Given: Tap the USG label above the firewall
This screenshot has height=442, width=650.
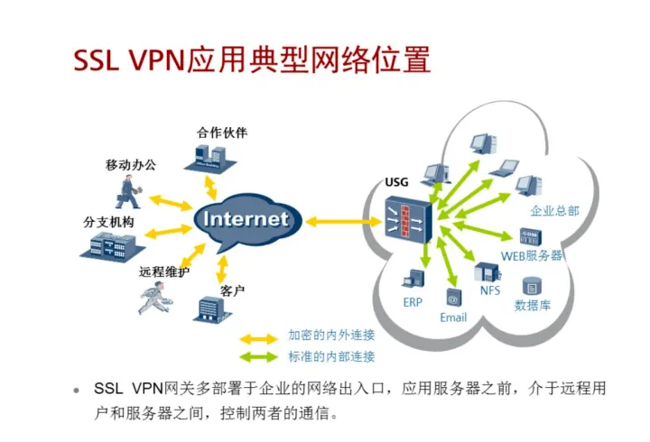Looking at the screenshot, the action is click(x=396, y=182).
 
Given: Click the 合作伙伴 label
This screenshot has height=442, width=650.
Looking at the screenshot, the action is click(x=222, y=133).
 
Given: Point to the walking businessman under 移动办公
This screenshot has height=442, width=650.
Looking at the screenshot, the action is click(x=130, y=192).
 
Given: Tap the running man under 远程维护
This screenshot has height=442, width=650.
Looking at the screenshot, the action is click(x=154, y=298).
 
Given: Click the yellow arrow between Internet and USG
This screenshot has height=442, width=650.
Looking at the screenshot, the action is click(x=343, y=222).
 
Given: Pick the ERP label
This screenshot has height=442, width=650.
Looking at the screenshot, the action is click(x=413, y=302).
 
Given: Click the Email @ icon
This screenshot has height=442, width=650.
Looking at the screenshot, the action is click(x=453, y=299).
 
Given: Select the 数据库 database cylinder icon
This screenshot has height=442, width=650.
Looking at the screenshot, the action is click(x=533, y=286).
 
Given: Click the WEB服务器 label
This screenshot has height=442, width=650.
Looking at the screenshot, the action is click(x=532, y=255).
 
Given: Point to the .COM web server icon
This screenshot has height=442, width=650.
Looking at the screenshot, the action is click(x=531, y=236).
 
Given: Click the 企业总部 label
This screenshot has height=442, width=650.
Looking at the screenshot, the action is click(x=554, y=211).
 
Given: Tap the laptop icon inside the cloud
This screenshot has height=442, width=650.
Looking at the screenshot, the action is click(x=505, y=168).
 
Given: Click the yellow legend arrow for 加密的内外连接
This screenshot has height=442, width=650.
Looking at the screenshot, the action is click(x=259, y=340).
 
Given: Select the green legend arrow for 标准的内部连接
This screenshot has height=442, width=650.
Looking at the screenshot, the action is click(x=259, y=357).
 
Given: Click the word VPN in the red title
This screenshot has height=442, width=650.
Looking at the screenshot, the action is click(x=157, y=60).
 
